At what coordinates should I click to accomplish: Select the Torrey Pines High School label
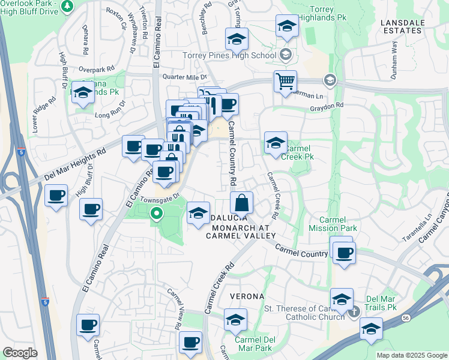click(229, 56)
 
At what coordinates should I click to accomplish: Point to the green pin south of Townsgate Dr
click(156, 213)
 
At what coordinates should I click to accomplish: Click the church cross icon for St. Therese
click(354, 310)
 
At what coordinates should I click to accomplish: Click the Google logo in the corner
click(20, 352)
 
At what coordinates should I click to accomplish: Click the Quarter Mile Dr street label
click(185, 77)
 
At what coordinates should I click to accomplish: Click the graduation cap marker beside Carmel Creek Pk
click(276, 143)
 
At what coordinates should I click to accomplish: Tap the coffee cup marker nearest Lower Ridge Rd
click(56, 195)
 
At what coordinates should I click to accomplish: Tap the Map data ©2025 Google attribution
click(412, 355)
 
